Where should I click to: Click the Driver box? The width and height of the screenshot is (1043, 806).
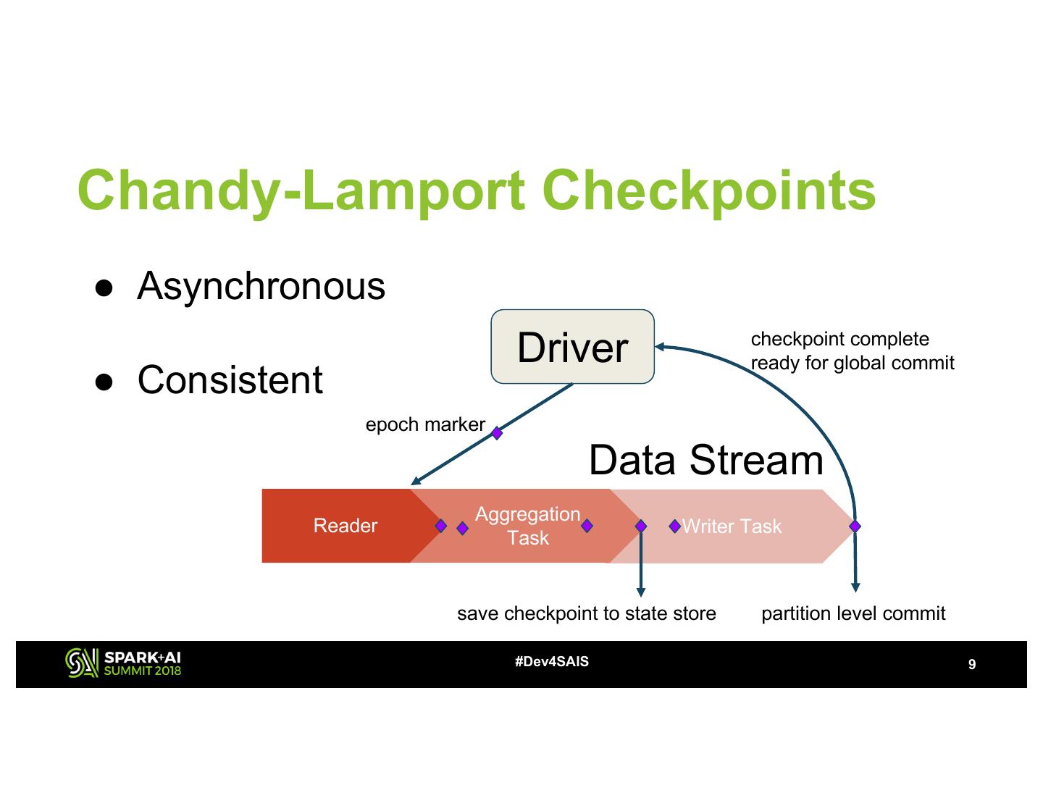point(572,346)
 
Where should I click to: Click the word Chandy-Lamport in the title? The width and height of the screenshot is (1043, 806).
point(301,191)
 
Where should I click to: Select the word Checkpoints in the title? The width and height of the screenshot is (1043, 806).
point(709,191)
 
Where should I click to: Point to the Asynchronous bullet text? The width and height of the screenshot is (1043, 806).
point(261,287)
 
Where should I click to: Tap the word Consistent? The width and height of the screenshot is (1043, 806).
point(230,379)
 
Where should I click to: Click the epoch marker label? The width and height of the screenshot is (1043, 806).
point(425,424)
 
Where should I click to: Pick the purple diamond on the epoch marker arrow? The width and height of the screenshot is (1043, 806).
point(497,433)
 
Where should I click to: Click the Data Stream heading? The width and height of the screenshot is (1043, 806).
point(706,460)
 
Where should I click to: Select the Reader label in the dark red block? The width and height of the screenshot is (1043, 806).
point(345,525)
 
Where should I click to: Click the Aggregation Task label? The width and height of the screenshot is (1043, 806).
point(527,526)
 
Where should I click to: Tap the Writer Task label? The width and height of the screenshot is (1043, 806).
point(732,526)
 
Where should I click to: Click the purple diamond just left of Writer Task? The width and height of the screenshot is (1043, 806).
point(674,526)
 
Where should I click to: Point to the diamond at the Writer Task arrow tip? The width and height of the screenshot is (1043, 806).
point(855,526)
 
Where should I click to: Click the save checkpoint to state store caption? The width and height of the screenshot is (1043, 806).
point(587,613)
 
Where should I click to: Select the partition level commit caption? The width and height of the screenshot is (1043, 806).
point(853,613)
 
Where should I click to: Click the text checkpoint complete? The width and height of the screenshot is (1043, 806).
point(840,339)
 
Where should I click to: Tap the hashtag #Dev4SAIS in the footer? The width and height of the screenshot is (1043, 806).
point(551,662)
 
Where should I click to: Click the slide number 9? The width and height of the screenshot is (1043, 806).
point(972,664)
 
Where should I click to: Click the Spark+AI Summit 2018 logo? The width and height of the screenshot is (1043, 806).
point(123,663)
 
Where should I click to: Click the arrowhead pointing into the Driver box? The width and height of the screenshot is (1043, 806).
point(660,346)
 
